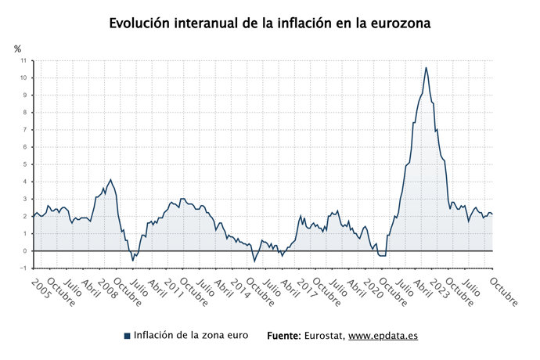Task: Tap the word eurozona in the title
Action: point(398,23)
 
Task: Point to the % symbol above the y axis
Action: point(18,49)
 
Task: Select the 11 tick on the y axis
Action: point(23,60)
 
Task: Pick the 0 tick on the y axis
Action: point(25,251)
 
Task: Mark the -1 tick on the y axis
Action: point(23,268)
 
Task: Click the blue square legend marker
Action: point(127,336)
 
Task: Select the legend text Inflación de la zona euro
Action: point(191,335)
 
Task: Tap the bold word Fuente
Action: point(283,335)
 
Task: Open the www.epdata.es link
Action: point(383,335)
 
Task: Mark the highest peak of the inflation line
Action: point(426,67)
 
